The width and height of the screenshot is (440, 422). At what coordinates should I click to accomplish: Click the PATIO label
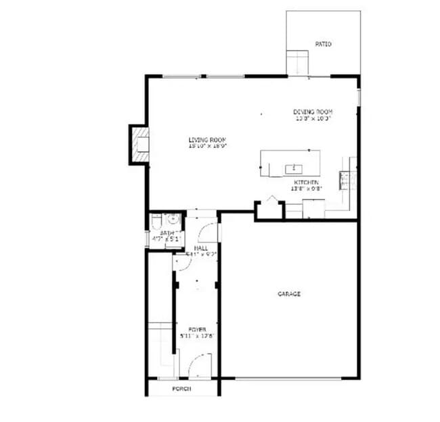[324, 44]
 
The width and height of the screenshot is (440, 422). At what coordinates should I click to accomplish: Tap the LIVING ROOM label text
[207, 139]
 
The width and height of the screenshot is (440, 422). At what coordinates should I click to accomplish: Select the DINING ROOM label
[313, 112]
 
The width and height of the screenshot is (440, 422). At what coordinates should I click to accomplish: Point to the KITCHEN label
[306, 183]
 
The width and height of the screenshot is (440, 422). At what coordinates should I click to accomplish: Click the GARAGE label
[289, 294]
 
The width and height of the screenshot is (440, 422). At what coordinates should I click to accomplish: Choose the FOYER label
[197, 329]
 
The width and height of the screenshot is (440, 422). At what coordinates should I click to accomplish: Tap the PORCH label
[181, 389]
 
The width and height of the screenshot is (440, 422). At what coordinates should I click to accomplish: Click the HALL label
[200, 249]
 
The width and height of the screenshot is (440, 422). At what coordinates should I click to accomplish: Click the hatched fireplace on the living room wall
[140, 145]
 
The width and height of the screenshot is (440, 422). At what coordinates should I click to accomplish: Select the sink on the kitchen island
[293, 167]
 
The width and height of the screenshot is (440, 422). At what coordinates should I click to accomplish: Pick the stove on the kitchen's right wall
[344, 181]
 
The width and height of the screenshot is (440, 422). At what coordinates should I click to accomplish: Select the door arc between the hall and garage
[209, 232]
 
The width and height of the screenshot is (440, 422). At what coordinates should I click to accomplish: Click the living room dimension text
[207, 145]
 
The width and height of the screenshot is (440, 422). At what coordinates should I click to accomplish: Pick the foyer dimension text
[197, 335]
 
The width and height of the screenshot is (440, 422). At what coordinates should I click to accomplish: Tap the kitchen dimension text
[306, 189]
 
